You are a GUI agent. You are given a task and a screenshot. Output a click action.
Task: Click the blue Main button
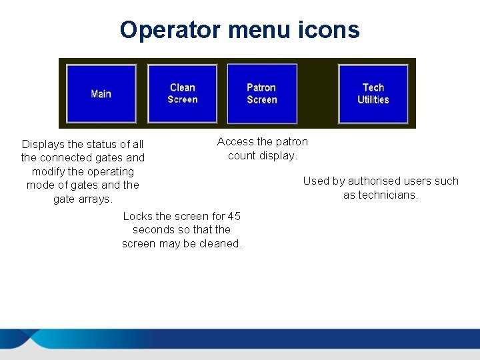[101, 94]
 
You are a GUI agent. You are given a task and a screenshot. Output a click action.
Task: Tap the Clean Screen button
[182, 93]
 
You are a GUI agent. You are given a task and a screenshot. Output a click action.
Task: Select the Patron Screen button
[262, 93]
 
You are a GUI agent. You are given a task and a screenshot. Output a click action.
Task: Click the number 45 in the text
[234, 216]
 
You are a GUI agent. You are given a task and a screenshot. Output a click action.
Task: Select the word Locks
[137, 216]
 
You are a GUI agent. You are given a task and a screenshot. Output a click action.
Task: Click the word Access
[235, 141]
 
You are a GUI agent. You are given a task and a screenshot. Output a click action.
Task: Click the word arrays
[97, 199]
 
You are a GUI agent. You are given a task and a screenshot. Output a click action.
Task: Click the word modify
[48, 171]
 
